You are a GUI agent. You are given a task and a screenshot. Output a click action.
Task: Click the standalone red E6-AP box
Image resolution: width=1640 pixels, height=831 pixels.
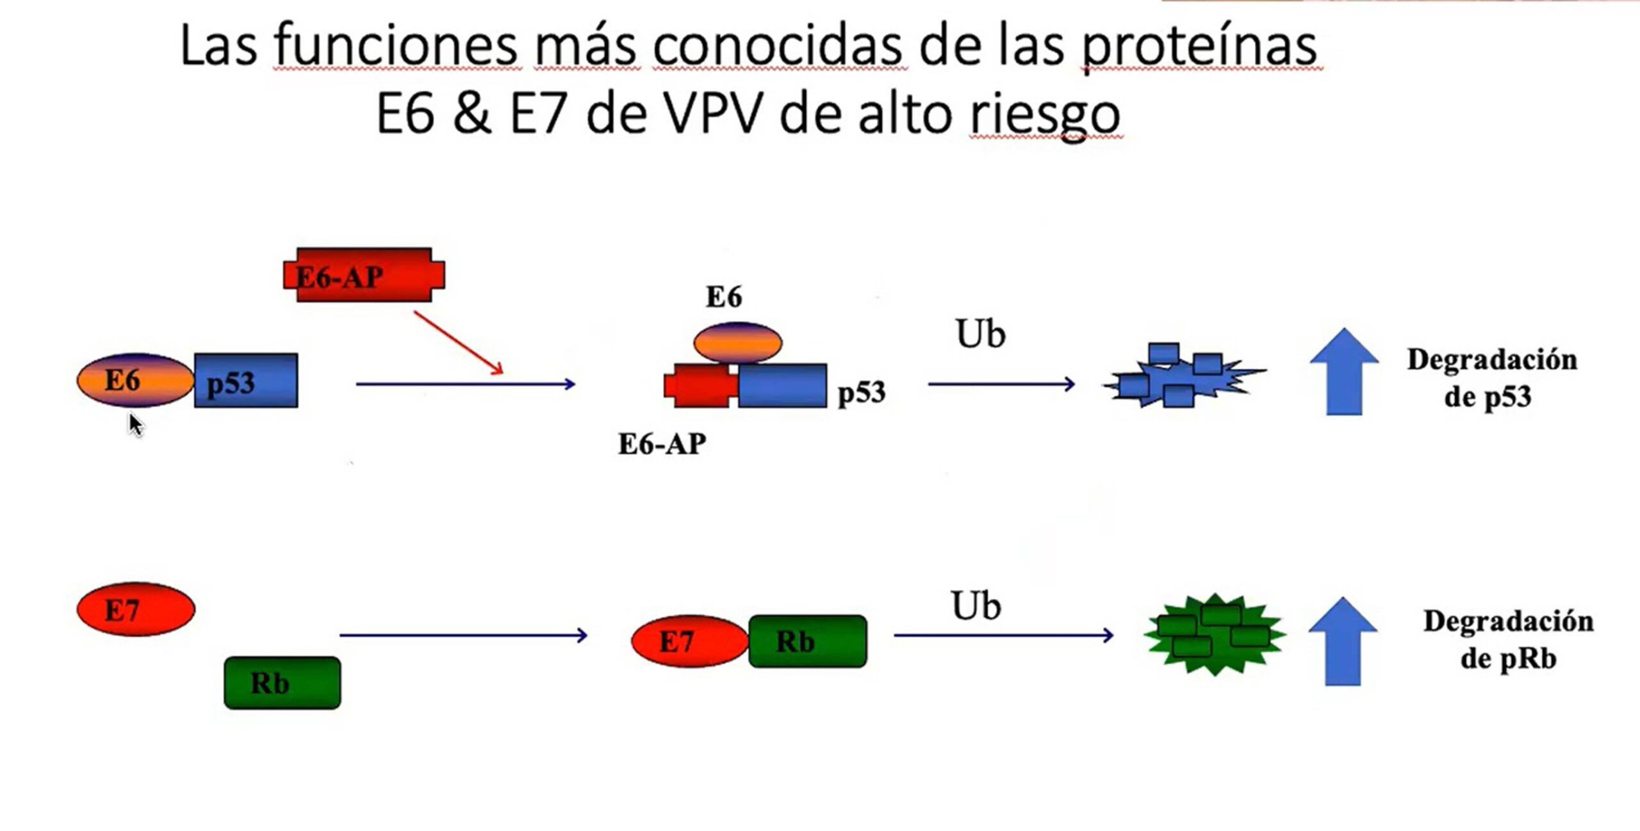[x=364, y=275]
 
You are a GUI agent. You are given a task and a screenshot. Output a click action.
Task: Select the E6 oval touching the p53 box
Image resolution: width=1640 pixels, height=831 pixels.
[x=135, y=381]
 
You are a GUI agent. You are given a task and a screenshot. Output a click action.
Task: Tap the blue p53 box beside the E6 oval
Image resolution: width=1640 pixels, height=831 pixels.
[x=246, y=381]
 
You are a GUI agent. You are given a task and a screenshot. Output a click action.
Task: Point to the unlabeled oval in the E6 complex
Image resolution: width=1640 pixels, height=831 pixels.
[x=737, y=343]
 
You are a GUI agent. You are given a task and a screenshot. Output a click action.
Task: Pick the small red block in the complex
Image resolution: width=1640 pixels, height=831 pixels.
[x=701, y=386]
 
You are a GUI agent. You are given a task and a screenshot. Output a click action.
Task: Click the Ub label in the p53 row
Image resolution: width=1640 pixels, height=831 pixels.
[x=980, y=334]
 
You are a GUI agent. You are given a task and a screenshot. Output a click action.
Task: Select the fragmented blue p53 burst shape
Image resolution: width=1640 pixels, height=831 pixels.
[x=1184, y=375]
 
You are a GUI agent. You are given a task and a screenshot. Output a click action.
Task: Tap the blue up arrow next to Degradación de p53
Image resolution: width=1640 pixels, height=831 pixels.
[x=1344, y=372]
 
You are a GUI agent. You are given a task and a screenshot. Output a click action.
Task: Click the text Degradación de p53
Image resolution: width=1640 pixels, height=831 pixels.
[x=1491, y=378]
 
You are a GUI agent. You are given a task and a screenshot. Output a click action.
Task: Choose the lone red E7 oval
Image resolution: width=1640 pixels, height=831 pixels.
[x=136, y=609]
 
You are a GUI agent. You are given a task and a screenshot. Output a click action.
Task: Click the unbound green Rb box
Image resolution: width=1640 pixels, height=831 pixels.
[x=283, y=682]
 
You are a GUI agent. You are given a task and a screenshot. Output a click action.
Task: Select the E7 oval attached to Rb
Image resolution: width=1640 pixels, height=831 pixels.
[x=690, y=641]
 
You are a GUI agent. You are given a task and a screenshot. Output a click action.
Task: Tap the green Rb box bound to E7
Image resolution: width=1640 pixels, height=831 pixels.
[x=808, y=641]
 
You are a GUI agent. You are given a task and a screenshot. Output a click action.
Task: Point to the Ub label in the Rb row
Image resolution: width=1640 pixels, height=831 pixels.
[x=976, y=605]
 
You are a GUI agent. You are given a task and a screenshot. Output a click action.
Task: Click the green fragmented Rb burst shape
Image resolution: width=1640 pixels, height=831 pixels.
[x=1215, y=634]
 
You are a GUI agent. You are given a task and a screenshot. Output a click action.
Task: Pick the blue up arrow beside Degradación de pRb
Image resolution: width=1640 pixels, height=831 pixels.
[x=1343, y=641]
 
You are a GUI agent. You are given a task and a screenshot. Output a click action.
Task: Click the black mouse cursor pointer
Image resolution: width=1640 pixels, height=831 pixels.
[x=136, y=425]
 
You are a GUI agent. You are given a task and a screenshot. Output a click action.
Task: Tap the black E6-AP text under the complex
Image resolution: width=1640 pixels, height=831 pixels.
[x=662, y=444]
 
